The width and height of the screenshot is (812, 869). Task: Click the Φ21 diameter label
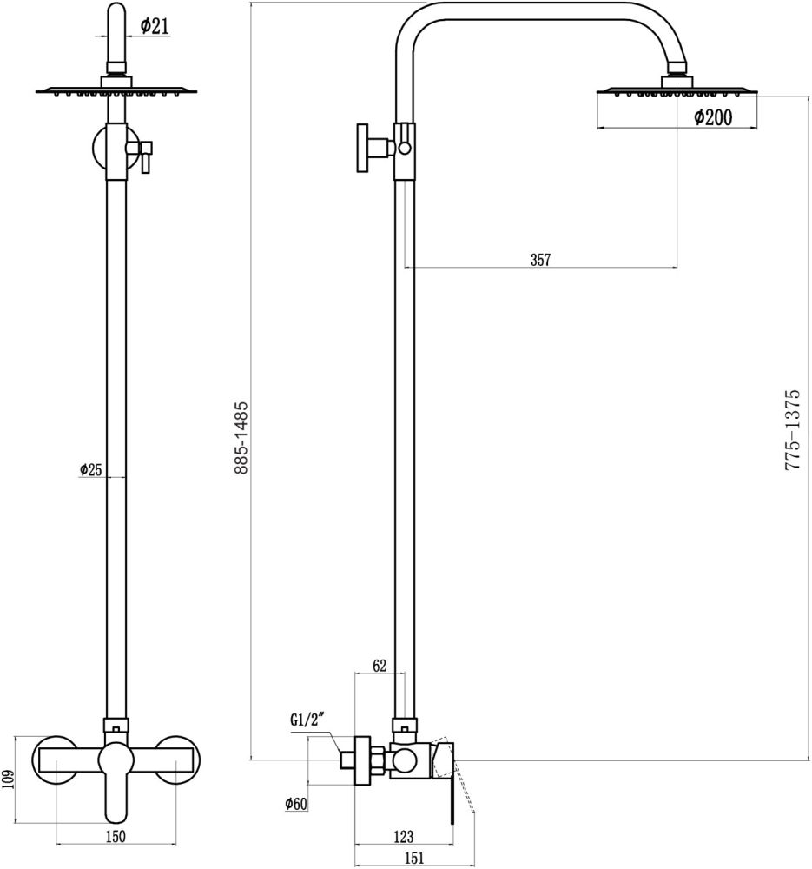153,27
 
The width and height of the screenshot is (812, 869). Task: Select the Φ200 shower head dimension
712,118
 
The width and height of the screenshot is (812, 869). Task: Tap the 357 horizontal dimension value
540,259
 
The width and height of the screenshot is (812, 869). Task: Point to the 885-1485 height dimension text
242,437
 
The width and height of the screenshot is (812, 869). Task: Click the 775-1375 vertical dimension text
792,430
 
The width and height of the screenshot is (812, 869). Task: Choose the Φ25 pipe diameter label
91,470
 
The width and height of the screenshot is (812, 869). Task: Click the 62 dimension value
379,667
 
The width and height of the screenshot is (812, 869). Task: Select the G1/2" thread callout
307,720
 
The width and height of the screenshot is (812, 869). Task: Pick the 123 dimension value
403,837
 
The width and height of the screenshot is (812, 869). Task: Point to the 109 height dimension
8,779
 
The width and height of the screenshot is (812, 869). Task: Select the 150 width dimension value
116,837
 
